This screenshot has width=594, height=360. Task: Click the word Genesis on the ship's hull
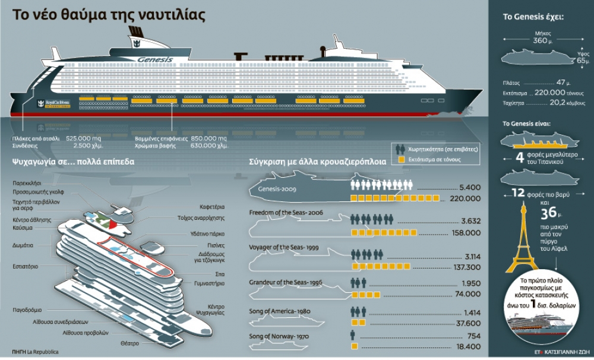154,60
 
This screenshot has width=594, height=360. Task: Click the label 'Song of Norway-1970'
279,337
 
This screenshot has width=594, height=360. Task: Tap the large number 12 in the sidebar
518,192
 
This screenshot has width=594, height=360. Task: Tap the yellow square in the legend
402,159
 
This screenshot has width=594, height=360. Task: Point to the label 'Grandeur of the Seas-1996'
286,283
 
